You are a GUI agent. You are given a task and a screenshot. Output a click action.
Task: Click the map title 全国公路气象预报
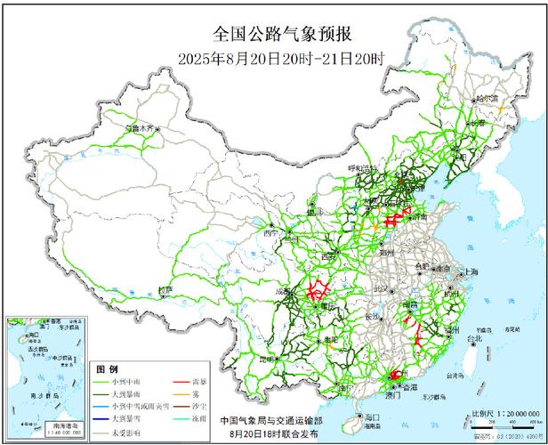point(283,35)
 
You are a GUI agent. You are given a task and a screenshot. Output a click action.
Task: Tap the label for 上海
point(469,271)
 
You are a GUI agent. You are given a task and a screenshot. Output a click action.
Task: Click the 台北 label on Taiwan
point(474,338)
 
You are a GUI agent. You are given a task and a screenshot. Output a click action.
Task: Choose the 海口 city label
point(372,417)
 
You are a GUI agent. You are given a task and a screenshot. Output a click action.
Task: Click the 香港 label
point(409,389)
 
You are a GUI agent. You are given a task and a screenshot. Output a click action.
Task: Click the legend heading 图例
point(107,368)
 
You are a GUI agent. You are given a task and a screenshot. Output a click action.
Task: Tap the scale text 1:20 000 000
point(514,414)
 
